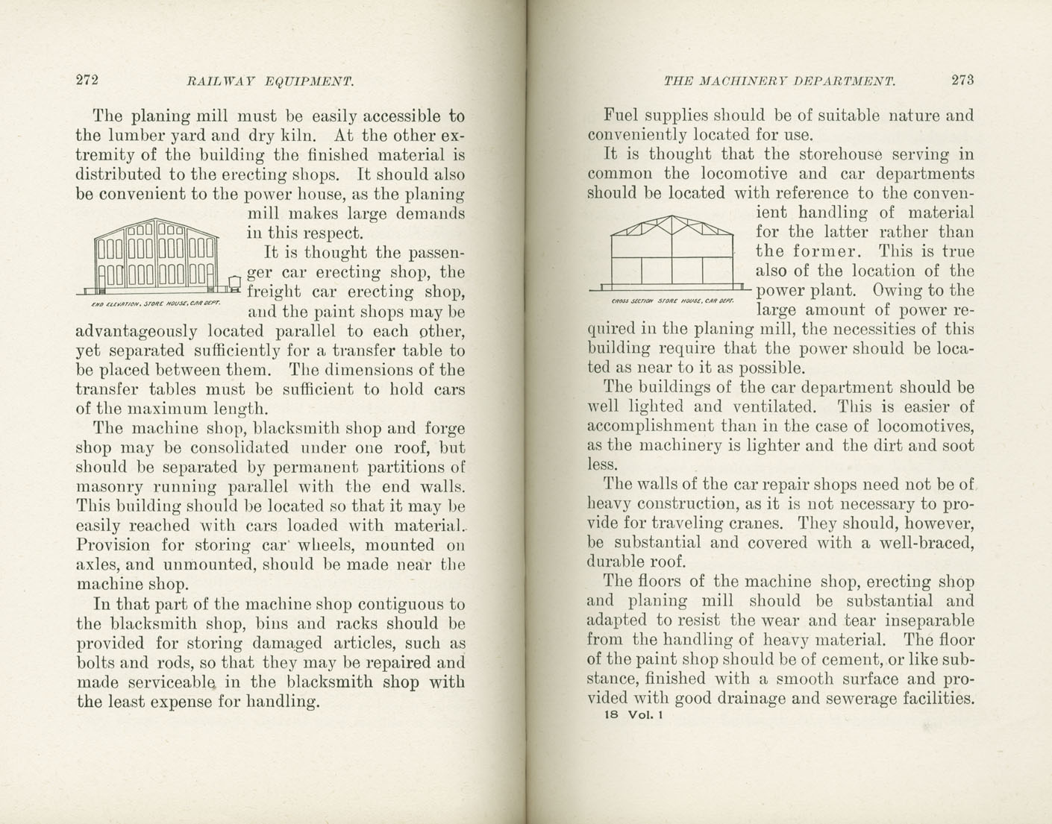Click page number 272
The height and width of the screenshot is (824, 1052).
click(87, 81)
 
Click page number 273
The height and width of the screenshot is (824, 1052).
click(962, 81)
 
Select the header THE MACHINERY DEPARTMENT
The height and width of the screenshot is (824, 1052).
click(779, 81)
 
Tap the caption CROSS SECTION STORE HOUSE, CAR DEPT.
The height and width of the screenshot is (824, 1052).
click(672, 301)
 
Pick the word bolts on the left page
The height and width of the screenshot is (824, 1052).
click(96, 662)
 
